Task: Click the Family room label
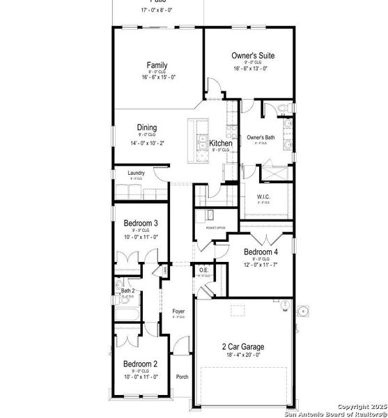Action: click(x=157, y=65)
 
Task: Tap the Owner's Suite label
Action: click(x=252, y=55)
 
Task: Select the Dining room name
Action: click(x=146, y=127)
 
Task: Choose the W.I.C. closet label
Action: click(x=263, y=196)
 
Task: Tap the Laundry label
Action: click(x=135, y=173)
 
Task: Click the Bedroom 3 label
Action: click(x=141, y=224)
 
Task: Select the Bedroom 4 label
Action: click(x=261, y=251)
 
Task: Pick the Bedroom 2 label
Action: click(x=141, y=364)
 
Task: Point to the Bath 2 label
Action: click(x=127, y=290)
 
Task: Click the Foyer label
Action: click(x=179, y=311)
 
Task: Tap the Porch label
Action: click(x=182, y=377)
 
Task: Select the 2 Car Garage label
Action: click(x=243, y=347)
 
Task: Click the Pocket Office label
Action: click(x=216, y=228)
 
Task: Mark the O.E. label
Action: click(x=203, y=270)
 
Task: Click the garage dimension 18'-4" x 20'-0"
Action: click(x=243, y=356)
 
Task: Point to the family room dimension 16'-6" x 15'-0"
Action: click(x=157, y=77)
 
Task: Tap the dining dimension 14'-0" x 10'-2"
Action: click(x=146, y=143)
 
